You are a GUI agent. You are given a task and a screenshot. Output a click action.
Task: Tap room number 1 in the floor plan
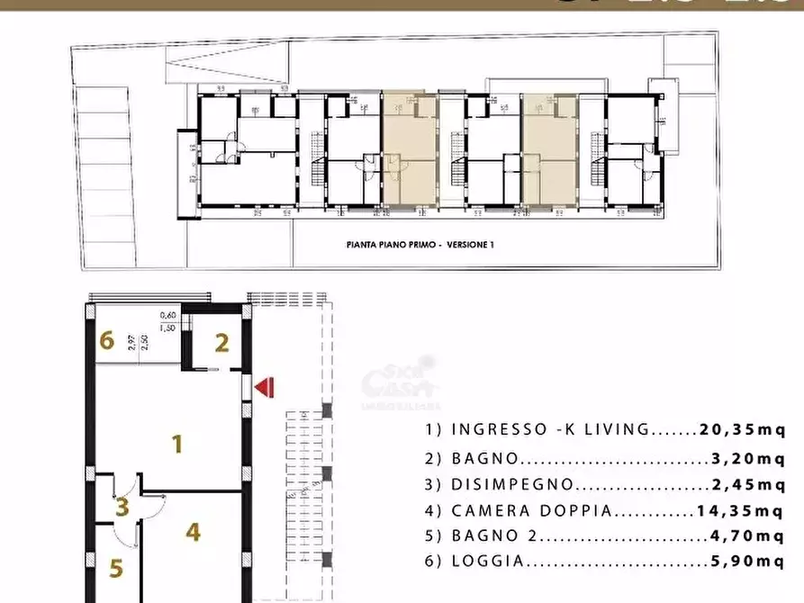(178, 443)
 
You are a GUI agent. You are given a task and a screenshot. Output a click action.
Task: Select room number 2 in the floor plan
(221, 342)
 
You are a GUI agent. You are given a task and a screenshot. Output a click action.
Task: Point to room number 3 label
(122, 507)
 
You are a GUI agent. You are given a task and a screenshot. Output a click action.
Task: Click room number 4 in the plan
(193, 532)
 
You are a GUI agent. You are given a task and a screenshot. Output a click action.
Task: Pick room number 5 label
(116, 569)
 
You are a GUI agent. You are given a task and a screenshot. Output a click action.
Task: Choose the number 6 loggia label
(106, 340)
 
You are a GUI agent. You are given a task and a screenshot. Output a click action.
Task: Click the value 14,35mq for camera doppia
(741, 511)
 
